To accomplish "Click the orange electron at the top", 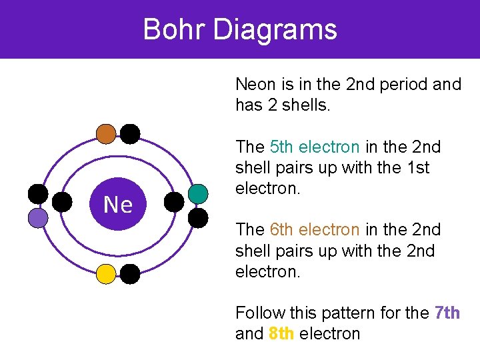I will click(x=106, y=134).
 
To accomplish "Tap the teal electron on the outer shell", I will click(x=198, y=194).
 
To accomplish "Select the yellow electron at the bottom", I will click(x=106, y=273).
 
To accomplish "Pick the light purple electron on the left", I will click(x=38, y=218).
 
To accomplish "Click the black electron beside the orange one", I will click(x=130, y=134).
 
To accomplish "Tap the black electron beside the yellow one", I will click(x=130, y=273).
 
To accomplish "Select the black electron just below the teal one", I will click(x=198, y=218).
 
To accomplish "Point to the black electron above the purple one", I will click(x=38, y=194).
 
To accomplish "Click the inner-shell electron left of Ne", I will click(x=62, y=202).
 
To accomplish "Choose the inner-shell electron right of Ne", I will click(x=174, y=202).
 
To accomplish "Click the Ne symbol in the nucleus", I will click(x=118, y=205).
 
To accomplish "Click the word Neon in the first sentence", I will click(x=255, y=85).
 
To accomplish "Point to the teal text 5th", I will click(x=282, y=147).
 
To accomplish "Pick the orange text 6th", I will click(x=282, y=229).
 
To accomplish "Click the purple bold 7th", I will click(x=447, y=312).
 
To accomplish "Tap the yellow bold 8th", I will click(x=282, y=333).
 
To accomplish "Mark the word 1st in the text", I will click(x=417, y=167).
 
